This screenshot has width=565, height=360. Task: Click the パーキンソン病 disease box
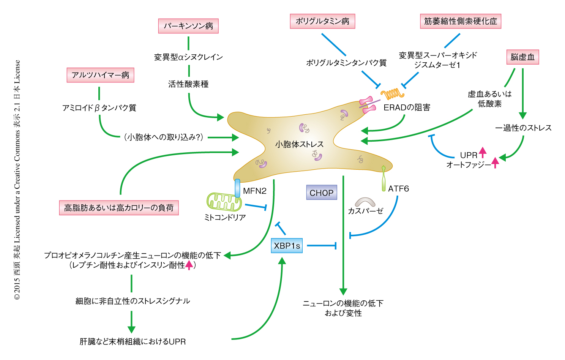click(x=188, y=26)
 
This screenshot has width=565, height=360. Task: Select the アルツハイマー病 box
click(x=100, y=75)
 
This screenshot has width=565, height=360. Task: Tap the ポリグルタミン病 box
click(x=322, y=21)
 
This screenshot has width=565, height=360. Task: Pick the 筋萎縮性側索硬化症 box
click(x=460, y=21)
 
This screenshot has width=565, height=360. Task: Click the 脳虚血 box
click(x=522, y=57)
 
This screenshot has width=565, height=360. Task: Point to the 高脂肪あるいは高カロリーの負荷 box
click(x=119, y=208)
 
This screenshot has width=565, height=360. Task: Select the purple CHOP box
click(x=321, y=193)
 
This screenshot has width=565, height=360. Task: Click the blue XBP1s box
click(x=287, y=246)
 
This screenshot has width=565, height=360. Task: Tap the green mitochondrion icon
click(x=224, y=202)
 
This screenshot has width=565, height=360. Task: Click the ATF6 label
click(x=398, y=188)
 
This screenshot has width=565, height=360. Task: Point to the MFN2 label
click(x=254, y=191)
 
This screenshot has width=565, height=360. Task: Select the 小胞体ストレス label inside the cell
click(x=299, y=144)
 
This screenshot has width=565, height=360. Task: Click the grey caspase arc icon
click(x=365, y=202)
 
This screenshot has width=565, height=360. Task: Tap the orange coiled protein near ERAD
click(x=392, y=93)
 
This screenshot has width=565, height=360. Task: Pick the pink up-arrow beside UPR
click(x=482, y=152)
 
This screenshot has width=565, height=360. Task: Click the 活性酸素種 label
click(x=188, y=84)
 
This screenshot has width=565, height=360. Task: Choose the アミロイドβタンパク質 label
click(x=99, y=108)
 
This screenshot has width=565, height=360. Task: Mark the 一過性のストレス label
click(x=523, y=128)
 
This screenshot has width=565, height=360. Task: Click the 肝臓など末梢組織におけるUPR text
click(x=133, y=341)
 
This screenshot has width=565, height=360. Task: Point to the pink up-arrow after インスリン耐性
click(x=189, y=265)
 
